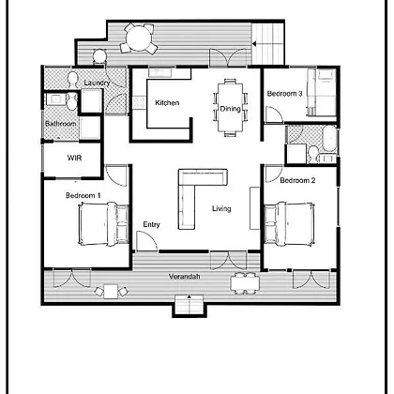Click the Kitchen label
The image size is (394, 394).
(167, 102)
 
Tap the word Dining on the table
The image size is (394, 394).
(231, 109)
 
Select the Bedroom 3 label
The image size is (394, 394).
(284, 94)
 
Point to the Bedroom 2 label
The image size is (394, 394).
(297, 180)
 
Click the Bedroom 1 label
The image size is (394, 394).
(83, 195)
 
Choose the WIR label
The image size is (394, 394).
(74, 158)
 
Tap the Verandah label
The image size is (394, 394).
(185, 277)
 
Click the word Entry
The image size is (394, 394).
(152, 224)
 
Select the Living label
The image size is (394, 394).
(221, 208)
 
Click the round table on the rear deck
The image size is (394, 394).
(139, 38)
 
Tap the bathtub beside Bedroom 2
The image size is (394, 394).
(330, 140)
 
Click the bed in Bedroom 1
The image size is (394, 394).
(103, 224)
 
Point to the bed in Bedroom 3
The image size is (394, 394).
(322, 92)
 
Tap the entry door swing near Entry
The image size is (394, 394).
(147, 241)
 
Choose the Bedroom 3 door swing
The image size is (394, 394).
(274, 114)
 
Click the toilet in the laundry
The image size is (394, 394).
(73, 80)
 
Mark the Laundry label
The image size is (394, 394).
(97, 83)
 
